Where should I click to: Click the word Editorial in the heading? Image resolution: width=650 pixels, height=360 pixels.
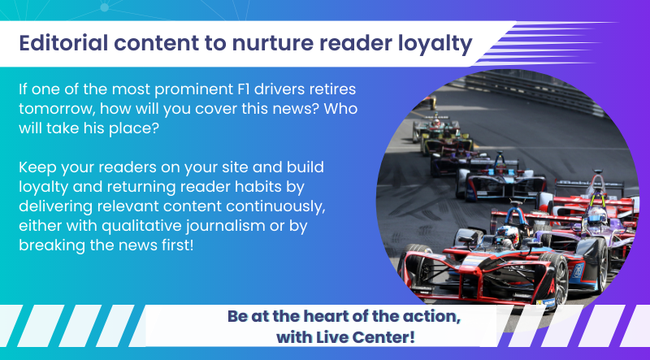pos(63,43)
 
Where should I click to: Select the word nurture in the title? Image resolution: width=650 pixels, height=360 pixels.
pos(271,44)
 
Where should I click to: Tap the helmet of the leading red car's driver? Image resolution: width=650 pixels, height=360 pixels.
pos(507,235)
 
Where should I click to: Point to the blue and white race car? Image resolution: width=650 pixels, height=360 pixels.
pos(500,177)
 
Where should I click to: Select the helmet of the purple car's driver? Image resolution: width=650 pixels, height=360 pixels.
pos(597,215)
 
